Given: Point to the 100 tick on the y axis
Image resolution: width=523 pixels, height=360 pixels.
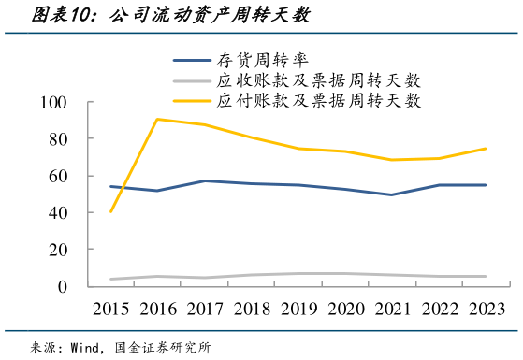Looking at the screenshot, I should pos(55,102).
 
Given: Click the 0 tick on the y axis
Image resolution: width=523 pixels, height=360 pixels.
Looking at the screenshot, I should pos(64,286).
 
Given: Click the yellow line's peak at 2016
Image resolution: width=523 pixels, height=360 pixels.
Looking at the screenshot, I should pos(158,119).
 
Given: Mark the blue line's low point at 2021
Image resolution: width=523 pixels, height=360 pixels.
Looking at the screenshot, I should pos(392,194).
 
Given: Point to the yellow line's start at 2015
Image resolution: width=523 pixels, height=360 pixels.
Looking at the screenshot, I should pos(111,211).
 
